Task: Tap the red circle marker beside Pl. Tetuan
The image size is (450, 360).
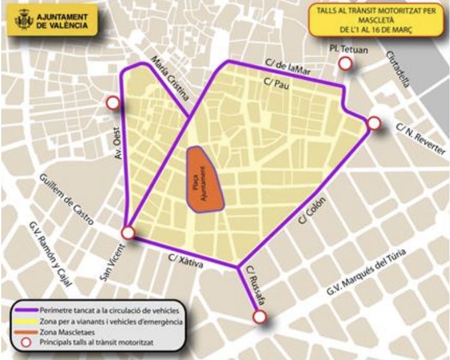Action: (x=345, y=64)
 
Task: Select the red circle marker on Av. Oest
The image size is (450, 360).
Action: (x=112, y=104)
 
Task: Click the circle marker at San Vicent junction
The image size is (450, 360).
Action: (x=128, y=233)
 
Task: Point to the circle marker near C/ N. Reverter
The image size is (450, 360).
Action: (x=374, y=123)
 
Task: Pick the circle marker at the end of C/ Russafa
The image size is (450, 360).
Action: (x=259, y=317)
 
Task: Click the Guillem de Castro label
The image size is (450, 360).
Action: (x=66, y=199)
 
